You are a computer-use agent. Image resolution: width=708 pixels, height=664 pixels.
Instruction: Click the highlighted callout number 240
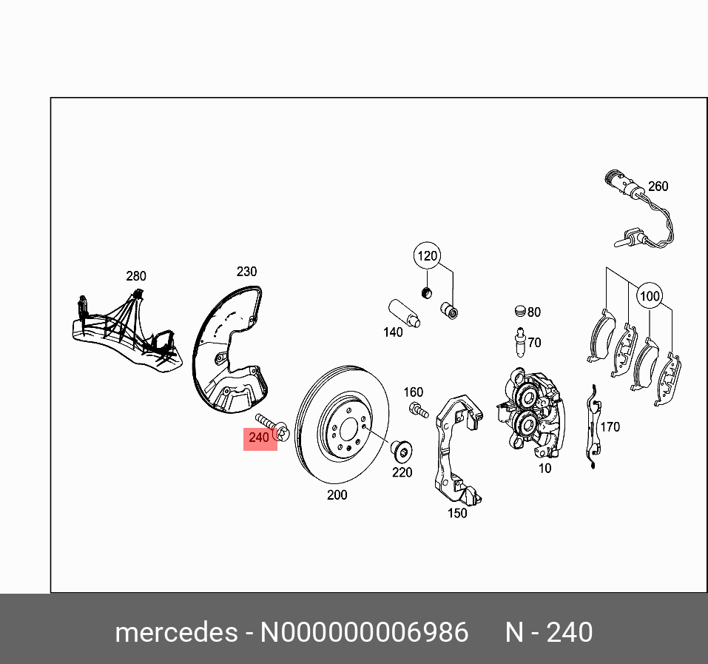pyautogui.click(x=260, y=437)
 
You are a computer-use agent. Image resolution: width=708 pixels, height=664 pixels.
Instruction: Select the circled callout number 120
pyautogui.click(x=427, y=258)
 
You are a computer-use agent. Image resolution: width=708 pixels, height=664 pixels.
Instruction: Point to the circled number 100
pyautogui.click(x=649, y=297)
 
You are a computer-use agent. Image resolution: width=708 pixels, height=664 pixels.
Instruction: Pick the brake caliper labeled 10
pyautogui.click(x=533, y=414)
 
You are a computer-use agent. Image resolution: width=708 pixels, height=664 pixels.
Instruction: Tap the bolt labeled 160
pyautogui.click(x=417, y=409)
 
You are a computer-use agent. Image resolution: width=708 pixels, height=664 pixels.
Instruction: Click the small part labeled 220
pyautogui.click(x=400, y=450)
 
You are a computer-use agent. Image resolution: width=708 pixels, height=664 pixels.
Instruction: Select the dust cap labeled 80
pyautogui.click(x=521, y=311)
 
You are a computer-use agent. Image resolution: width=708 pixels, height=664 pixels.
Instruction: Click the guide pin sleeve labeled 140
pyautogui.click(x=404, y=313)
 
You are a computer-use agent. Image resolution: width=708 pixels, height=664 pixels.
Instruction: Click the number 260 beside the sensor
pyautogui.click(x=658, y=186)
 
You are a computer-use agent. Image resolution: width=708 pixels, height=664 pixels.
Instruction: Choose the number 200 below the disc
pyautogui.click(x=337, y=495)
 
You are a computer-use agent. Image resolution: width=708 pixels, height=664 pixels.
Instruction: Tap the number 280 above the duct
pyautogui.click(x=135, y=276)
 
